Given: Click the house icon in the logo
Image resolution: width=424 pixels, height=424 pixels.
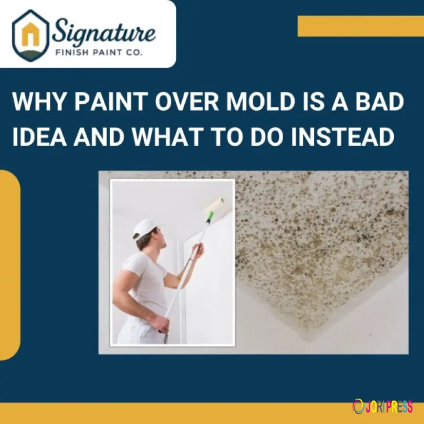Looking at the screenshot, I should click(x=31, y=35).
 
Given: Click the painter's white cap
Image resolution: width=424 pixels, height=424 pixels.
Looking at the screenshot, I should click(x=145, y=228).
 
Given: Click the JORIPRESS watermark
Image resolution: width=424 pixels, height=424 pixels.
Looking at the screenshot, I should click(x=383, y=406).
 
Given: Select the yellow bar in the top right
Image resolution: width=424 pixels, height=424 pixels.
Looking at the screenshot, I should click(x=361, y=26).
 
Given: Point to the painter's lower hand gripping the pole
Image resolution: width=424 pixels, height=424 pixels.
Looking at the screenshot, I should click(x=161, y=323).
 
